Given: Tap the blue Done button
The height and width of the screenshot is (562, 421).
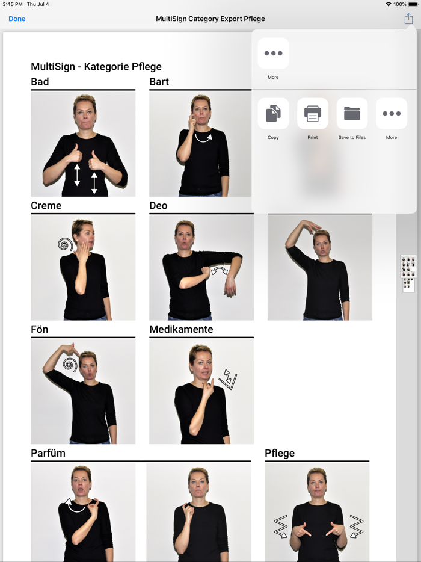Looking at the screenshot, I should tap(17, 19).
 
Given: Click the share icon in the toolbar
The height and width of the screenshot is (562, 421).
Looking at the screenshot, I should tap(408, 19).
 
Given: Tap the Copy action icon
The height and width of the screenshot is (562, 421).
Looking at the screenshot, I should tap(273, 114).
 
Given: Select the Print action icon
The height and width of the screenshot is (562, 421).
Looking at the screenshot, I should tap(313, 114).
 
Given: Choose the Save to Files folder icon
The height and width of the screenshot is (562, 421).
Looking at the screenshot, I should tap(352, 114).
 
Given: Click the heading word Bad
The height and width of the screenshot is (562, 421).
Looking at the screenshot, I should tap(40, 82).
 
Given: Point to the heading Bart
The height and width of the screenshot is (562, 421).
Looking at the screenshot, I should tap(159, 82).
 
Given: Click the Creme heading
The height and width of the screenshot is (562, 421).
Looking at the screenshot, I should tap(46, 206).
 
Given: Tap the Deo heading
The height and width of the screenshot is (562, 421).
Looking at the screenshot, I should tap(158, 206).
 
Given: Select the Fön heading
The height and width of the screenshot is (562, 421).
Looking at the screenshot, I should tap(40, 330).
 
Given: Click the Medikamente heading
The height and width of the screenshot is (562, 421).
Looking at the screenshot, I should tap(181, 330).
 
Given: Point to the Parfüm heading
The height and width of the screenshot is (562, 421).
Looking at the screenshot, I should tap(48, 453).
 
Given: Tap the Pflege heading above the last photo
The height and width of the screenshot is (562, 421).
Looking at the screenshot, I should tap(280, 453).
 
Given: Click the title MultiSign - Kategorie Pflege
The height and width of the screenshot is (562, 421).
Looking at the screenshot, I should tap(96, 67).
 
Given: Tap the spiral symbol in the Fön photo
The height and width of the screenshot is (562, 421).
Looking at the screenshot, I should tap(70, 364).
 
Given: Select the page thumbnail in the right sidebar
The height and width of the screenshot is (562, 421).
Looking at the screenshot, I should tap(408, 273).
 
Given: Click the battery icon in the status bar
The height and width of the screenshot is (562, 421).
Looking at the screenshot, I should tap(413, 4).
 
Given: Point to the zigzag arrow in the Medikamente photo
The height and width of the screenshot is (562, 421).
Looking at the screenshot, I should tap(227, 379).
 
